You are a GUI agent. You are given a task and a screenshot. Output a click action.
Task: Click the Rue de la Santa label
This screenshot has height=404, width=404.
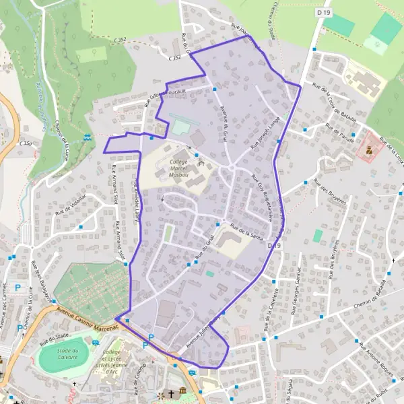245,230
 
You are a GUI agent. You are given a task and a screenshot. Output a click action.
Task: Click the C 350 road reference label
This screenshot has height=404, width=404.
26,143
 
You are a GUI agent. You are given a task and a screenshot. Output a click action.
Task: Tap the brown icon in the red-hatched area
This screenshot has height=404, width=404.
368,151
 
